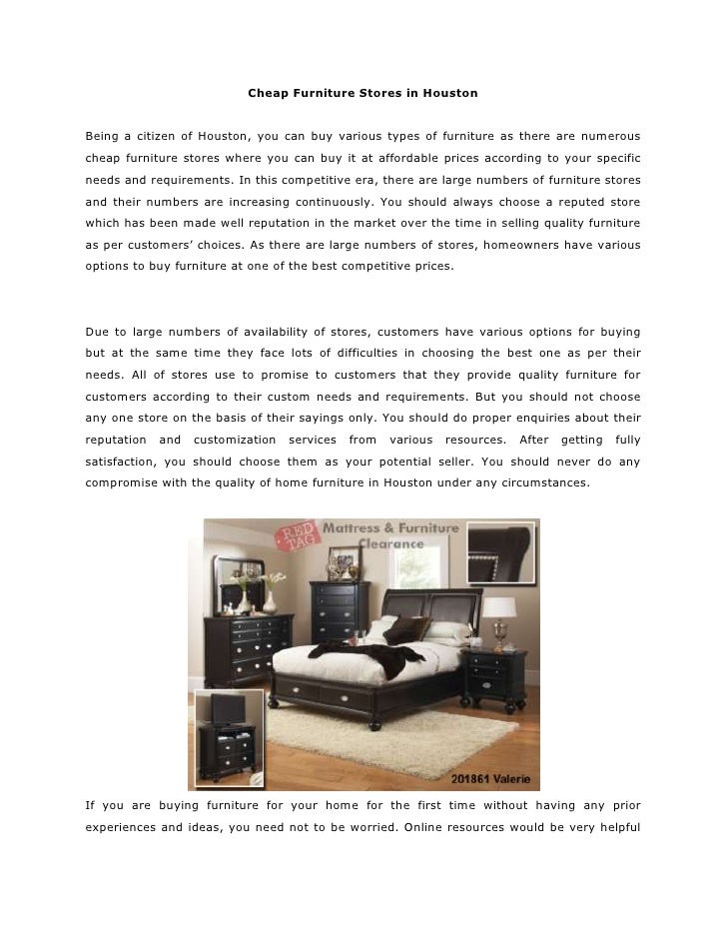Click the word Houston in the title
click(452, 93)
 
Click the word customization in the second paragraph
click(235, 440)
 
